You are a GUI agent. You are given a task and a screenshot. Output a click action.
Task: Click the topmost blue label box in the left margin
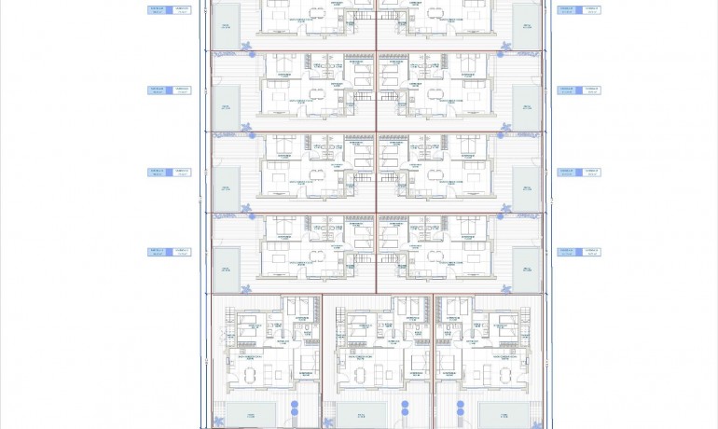tap(169, 10)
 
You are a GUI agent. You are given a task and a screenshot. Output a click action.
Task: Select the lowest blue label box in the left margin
tap(169, 252)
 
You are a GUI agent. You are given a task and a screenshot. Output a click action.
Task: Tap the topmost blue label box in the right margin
tap(578, 10)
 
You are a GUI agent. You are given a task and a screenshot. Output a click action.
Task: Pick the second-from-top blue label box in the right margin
tap(578, 90)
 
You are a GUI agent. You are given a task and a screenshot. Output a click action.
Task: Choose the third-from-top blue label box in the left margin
tap(169, 172)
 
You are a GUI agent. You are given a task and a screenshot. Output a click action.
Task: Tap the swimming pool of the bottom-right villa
tap(499, 414)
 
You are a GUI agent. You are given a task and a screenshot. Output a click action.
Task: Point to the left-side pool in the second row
tap(226, 107)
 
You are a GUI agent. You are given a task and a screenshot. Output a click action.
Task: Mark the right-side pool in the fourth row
tap(526, 270)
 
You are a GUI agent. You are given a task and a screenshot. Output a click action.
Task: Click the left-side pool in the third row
tap(226, 188)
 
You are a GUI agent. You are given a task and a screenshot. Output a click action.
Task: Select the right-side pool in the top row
tap(526, 25)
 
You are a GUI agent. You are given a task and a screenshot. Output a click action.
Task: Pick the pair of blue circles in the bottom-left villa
tap(295, 408)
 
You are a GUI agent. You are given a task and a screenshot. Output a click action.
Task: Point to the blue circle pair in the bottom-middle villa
tap(406, 408)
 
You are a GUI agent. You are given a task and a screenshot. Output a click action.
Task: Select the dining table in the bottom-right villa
tap(506, 375)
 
